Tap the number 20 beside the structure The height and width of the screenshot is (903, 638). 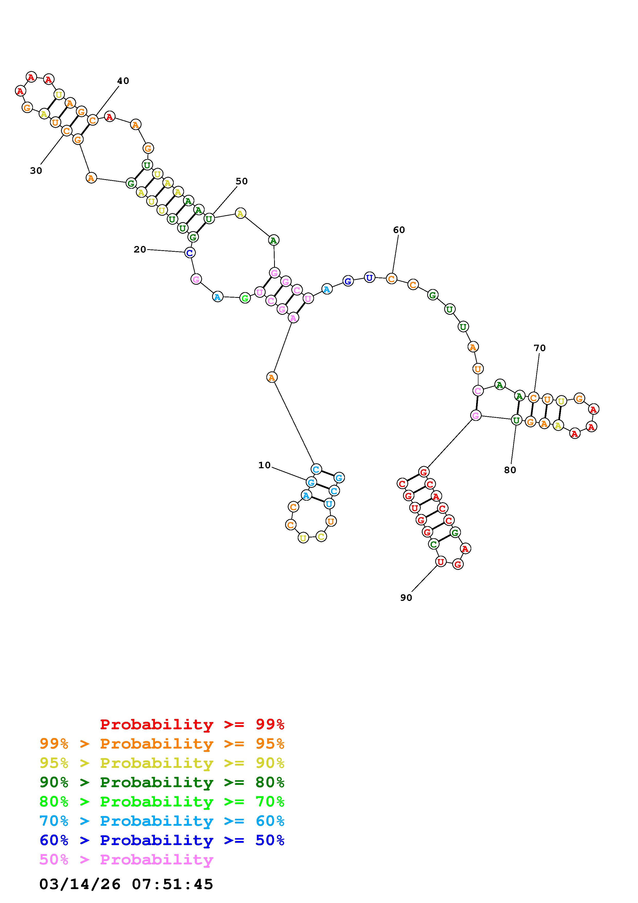click(140, 249)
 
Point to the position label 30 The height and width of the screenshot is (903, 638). click(36, 171)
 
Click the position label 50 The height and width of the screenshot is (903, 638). click(242, 181)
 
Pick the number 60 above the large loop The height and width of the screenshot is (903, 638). click(399, 230)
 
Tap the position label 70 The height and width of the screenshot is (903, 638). click(540, 348)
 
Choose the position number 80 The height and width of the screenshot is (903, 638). click(510, 470)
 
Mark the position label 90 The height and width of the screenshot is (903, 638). click(406, 598)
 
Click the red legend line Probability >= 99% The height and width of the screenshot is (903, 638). click(192, 724)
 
